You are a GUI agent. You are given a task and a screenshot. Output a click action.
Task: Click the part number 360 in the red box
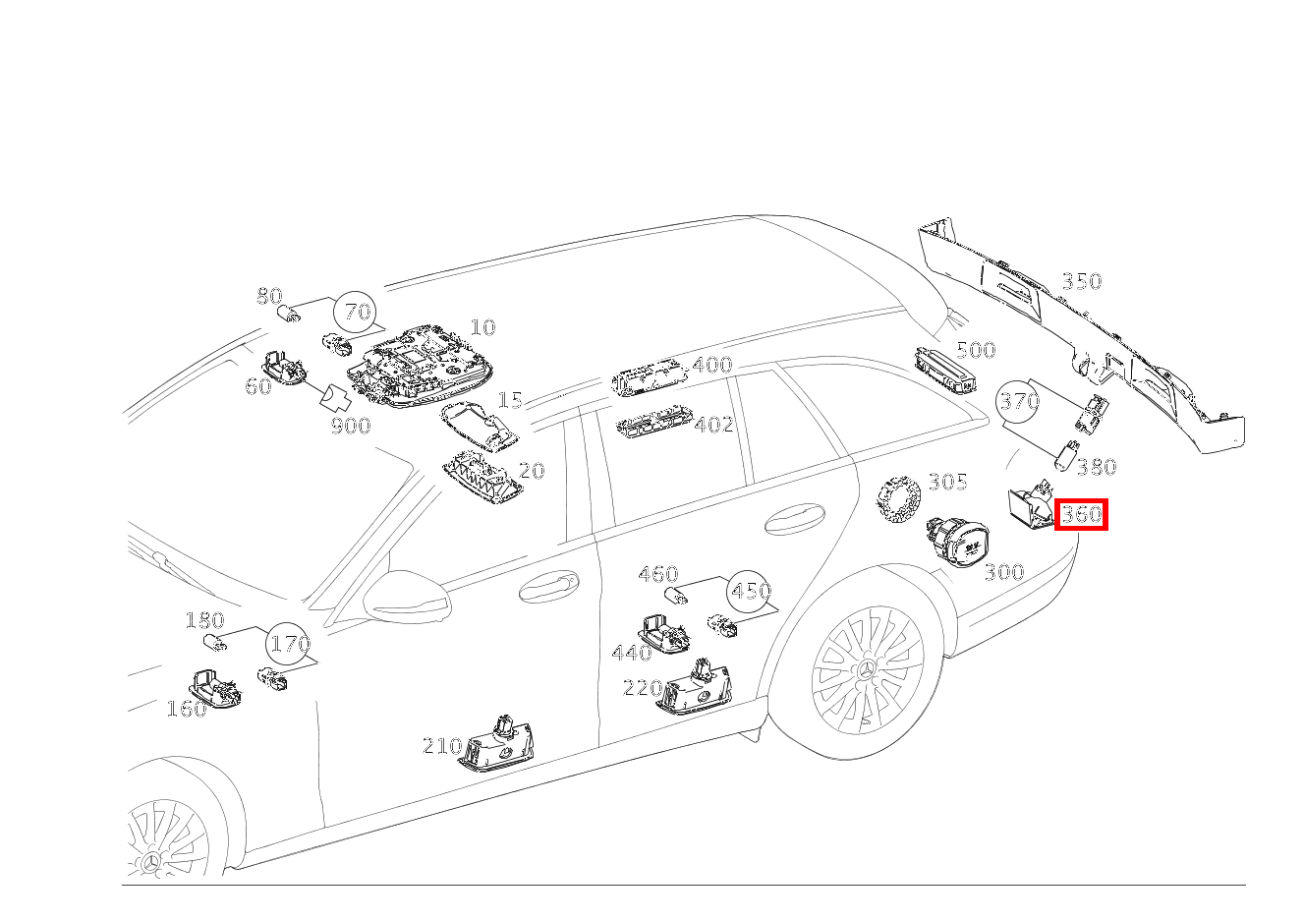(x=1081, y=514)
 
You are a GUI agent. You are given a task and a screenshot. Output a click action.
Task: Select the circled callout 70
(x=355, y=313)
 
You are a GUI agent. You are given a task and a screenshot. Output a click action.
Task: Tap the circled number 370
(x=1018, y=401)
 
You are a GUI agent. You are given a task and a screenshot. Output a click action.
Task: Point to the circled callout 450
(x=749, y=591)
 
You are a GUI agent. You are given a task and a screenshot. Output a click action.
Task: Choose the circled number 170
(x=287, y=644)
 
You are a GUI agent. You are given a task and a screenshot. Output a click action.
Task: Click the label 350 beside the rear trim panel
(x=1082, y=281)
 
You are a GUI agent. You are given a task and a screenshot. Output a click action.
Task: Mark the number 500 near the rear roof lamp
(x=976, y=350)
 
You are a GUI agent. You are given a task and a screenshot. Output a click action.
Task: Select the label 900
(x=351, y=426)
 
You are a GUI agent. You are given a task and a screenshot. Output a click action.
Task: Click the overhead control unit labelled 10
(x=420, y=368)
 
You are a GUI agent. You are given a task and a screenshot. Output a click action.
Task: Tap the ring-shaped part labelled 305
(x=899, y=498)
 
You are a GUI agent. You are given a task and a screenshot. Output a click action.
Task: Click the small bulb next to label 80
(x=289, y=315)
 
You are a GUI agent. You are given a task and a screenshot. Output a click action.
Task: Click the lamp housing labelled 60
(x=283, y=369)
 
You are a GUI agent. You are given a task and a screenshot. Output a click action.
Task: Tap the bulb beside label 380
(x=1067, y=455)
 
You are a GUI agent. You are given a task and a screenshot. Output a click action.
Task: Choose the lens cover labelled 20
(x=481, y=479)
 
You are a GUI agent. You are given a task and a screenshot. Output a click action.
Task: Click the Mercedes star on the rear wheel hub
(x=868, y=669)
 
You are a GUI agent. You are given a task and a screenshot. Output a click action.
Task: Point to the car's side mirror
(x=407, y=598)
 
